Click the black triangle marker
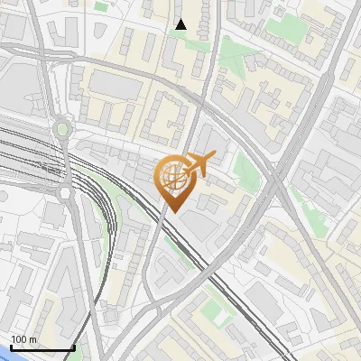pyautogui.click(x=180, y=24)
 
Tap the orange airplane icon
pyautogui.click(x=198, y=163)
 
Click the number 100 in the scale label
pyautogui.click(x=19, y=338)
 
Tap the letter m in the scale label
pyautogui.click(x=32, y=338)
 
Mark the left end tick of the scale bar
pyautogui.click(x=11, y=347)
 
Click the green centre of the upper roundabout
pyautogui.click(x=61, y=130)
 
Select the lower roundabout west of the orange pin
pyautogui.click(x=65, y=192)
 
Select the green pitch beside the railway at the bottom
pyautogui.click(x=215, y=311)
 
